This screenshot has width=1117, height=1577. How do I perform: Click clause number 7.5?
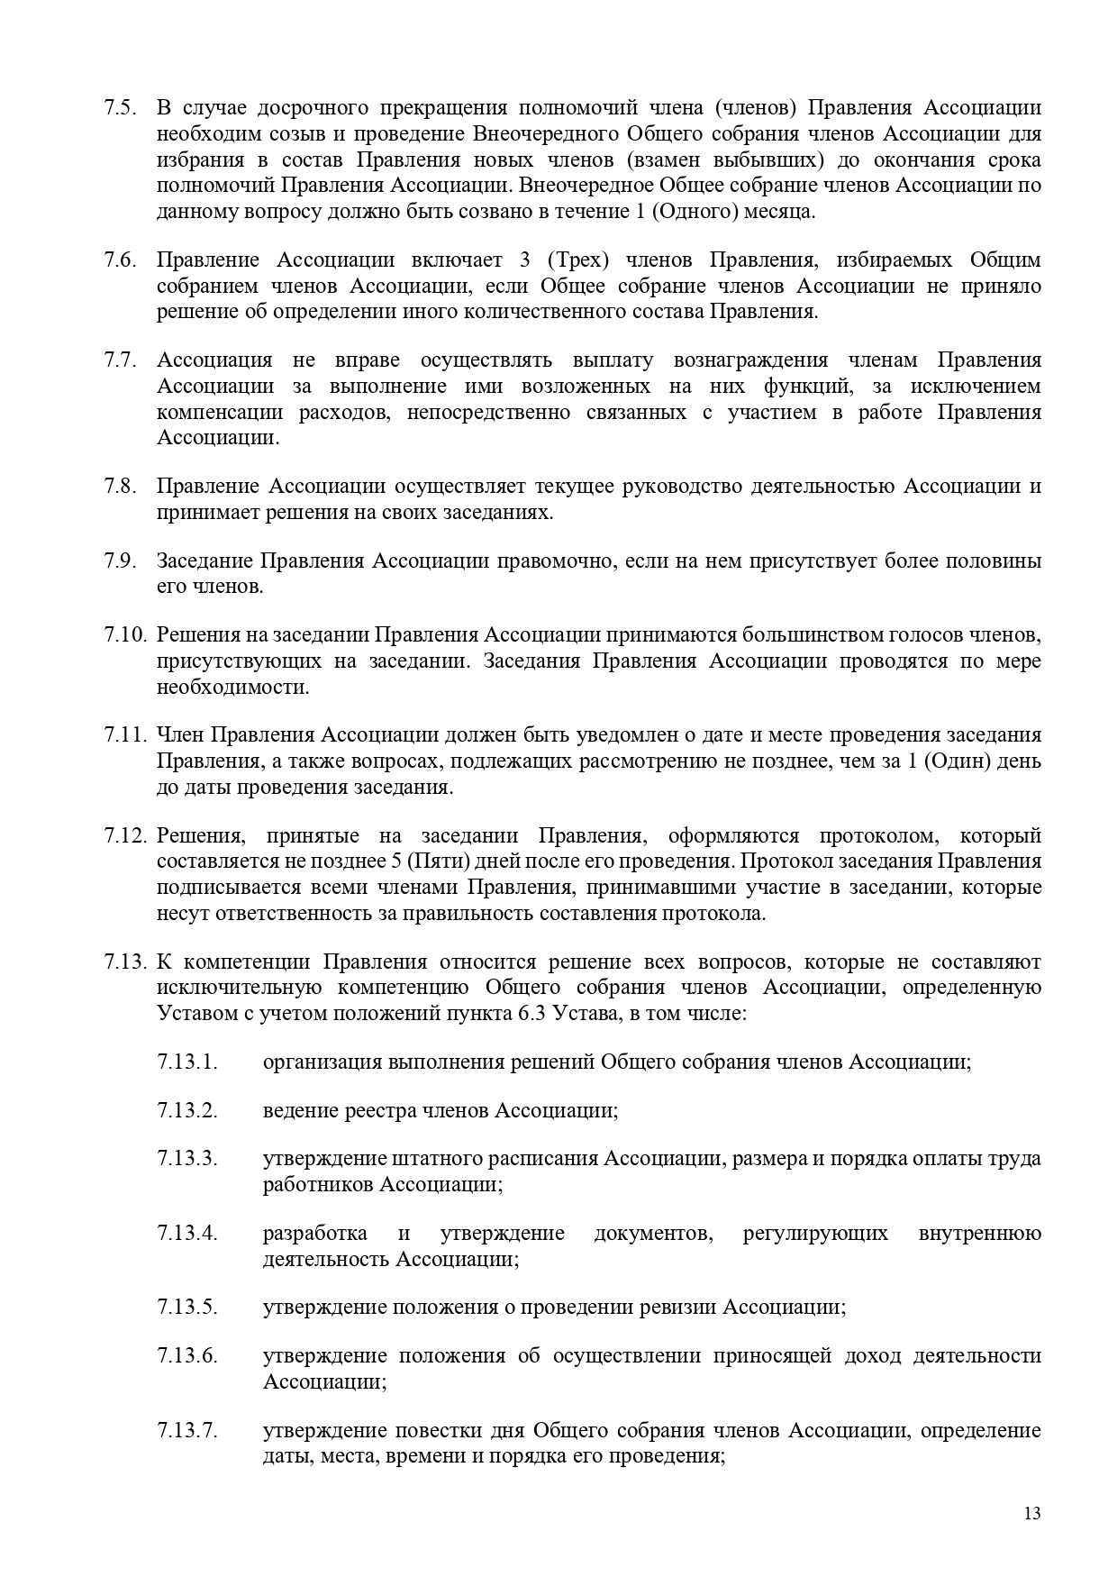coord(120,108)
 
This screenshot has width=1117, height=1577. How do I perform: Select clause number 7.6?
coord(120,260)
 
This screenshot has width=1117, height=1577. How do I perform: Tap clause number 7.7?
coord(120,360)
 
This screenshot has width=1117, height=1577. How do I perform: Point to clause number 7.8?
coord(120,487)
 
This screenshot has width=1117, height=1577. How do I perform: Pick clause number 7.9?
coord(120,561)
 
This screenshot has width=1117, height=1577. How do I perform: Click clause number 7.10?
coord(124,634)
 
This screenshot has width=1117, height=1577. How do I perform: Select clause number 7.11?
coord(124,734)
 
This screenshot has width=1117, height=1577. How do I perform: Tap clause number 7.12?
coord(124,834)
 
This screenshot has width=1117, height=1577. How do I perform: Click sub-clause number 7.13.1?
coord(187,1062)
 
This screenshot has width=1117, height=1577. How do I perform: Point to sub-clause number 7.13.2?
coord(187,1110)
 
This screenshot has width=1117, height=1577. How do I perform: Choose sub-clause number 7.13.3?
coord(187,1158)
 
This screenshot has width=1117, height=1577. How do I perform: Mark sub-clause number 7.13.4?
coord(187,1233)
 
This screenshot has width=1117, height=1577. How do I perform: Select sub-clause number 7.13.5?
coord(187,1307)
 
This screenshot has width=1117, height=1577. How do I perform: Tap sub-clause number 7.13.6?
coord(187,1356)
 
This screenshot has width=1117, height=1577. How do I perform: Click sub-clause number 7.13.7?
coord(187,1431)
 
